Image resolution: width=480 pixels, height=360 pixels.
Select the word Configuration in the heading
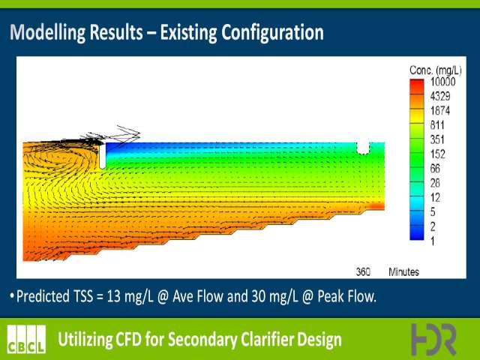273,32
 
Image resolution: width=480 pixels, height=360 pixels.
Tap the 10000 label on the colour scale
443,82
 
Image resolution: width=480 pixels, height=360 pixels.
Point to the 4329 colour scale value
440,97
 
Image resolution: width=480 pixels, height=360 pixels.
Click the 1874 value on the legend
440,111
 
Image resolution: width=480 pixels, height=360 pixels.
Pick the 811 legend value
437,125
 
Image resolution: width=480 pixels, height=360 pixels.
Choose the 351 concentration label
437,139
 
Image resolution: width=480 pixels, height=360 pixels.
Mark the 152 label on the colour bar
437,154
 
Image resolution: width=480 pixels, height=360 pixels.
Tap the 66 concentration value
435,169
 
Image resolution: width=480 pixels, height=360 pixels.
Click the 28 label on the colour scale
435,183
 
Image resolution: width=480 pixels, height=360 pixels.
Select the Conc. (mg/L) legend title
435,70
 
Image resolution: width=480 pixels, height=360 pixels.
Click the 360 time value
363,271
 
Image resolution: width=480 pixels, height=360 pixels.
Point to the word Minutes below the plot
403,271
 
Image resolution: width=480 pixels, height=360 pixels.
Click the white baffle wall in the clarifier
103,156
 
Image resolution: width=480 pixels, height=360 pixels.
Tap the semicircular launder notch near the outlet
363,148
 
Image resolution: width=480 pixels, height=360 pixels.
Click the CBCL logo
27,339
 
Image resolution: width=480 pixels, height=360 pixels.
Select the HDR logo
433,339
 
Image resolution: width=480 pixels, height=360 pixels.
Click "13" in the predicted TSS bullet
113,296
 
